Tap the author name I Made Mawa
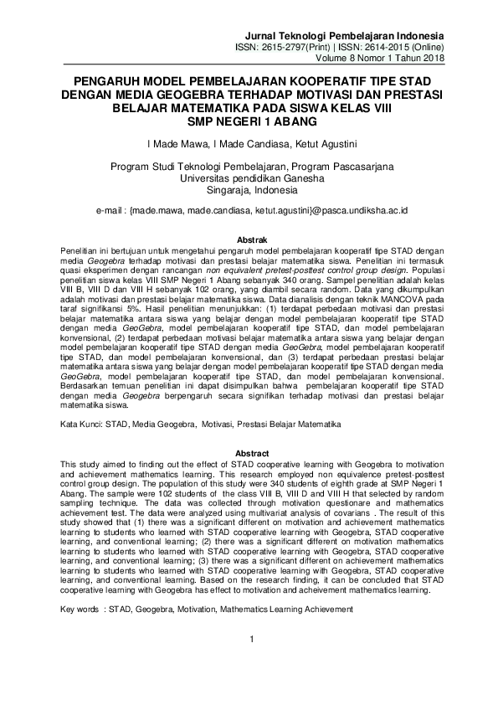175,144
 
